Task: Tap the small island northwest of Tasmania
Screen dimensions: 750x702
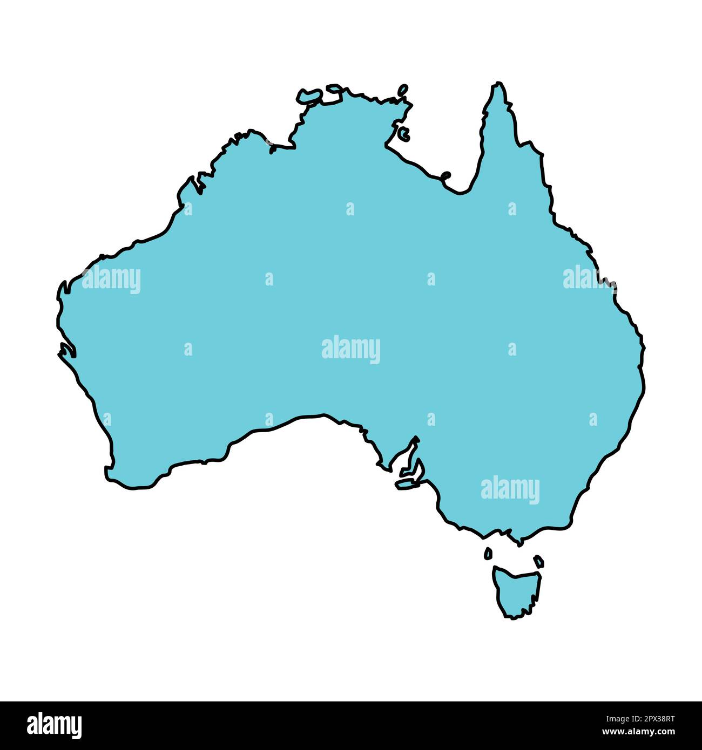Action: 488,553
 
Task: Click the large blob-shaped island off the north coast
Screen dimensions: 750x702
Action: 309,96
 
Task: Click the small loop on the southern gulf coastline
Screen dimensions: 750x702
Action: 446,175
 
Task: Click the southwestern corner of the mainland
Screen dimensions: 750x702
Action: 108,475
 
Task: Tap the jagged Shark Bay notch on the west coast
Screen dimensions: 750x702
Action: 66,351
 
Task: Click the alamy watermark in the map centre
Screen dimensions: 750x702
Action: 351,350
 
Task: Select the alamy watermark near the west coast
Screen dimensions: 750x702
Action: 111,280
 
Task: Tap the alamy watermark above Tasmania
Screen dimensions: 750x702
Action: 510,489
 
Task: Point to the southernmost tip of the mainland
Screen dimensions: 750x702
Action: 519,544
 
